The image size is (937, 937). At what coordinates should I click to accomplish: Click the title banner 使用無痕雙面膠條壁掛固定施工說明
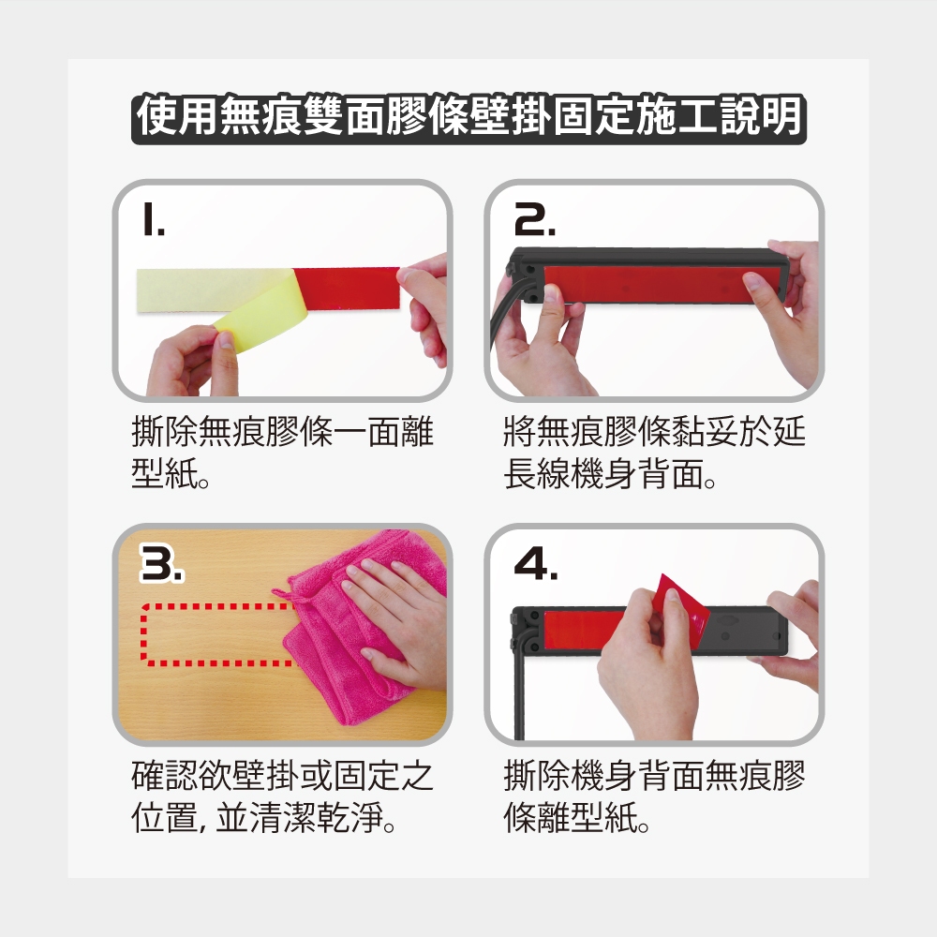[x=468, y=117]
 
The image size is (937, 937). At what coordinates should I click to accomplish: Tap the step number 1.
[x=153, y=218]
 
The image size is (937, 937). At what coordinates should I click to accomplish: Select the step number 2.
[x=534, y=218]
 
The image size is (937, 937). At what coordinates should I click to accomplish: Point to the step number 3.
[x=161, y=562]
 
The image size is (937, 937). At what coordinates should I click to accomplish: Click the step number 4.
[x=536, y=562]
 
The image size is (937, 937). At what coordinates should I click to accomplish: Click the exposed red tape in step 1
[x=347, y=288]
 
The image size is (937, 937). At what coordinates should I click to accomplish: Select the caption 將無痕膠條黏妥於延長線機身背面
[x=654, y=453]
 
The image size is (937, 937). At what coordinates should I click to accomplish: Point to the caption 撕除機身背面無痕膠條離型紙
[x=654, y=796]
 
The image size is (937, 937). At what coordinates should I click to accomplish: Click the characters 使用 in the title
[x=177, y=117]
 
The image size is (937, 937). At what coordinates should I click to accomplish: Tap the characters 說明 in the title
[x=760, y=117]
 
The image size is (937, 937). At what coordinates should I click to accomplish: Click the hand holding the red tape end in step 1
[x=425, y=305]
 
